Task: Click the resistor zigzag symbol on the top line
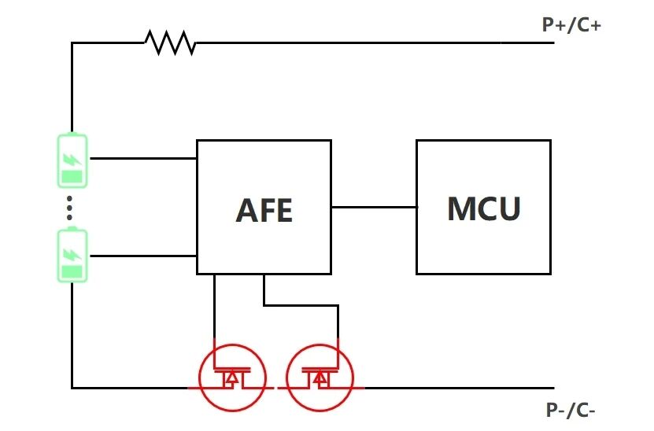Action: point(170,42)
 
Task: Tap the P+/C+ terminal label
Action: point(571,24)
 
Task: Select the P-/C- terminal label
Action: point(575,410)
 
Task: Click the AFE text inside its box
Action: point(264,210)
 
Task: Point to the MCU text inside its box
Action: point(483,208)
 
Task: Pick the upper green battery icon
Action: point(72,160)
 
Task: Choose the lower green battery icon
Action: point(72,255)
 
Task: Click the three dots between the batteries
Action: point(70,208)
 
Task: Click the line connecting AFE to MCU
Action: point(374,208)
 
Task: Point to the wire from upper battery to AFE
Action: point(142,158)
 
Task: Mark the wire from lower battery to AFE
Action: point(142,256)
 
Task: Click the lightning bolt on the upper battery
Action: point(72,159)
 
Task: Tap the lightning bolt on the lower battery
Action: point(72,254)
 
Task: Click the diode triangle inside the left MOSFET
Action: point(231,379)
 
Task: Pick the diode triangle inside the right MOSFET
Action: point(320,379)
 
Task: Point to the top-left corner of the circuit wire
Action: point(72,43)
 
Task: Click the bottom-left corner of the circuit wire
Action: point(72,388)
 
